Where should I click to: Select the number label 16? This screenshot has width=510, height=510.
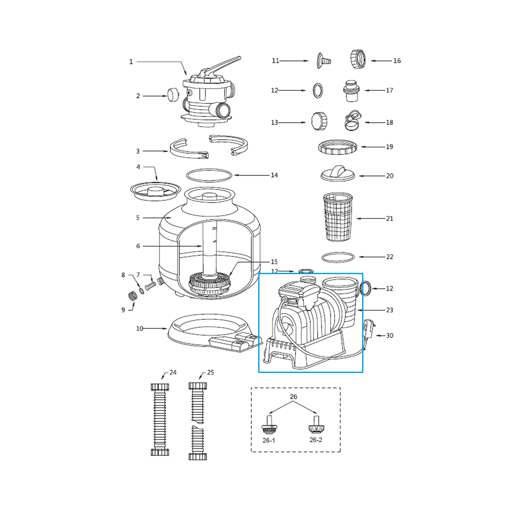(397, 61)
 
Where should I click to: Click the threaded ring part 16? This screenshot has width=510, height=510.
(357, 59)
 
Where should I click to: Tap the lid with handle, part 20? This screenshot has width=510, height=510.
(338, 174)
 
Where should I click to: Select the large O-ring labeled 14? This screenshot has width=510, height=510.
(209, 175)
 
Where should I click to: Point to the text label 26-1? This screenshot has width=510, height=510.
(269, 440)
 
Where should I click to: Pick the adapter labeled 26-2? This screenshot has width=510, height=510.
(316, 425)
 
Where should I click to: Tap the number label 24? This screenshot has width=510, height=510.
(173, 372)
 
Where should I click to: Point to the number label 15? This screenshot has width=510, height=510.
(274, 262)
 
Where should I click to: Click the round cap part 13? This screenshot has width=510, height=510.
(319, 121)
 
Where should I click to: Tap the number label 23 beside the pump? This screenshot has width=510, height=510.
(390, 310)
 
